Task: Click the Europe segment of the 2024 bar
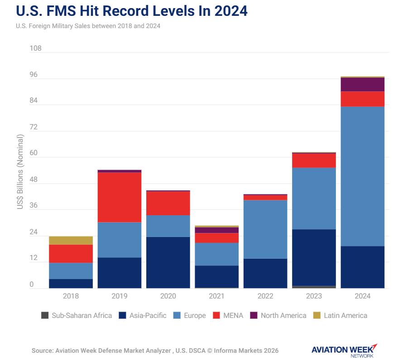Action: (362, 176)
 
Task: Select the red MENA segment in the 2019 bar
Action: (120, 197)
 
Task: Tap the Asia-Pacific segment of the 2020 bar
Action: (168, 262)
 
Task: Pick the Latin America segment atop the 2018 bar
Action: (71, 240)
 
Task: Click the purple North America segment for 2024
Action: (362, 85)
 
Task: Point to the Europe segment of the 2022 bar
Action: (265, 229)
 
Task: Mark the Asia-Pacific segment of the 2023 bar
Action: (314, 257)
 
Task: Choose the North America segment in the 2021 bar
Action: (217, 230)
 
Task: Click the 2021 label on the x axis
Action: (217, 296)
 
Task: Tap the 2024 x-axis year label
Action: (362, 296)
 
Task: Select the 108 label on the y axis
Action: (35, 48)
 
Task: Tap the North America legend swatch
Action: (254, 315)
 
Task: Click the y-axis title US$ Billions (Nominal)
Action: (20, 172)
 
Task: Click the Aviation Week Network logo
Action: (344, 351)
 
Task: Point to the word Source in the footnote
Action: (42, 351)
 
